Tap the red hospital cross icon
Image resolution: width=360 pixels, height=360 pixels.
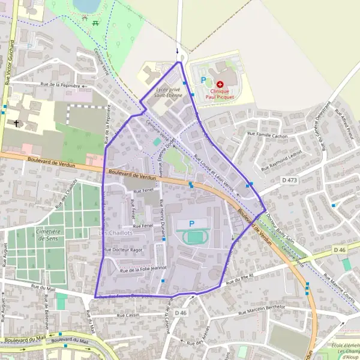220,84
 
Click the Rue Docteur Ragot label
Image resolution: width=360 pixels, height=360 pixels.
124,250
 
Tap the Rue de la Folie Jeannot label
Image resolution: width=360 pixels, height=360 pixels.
143,269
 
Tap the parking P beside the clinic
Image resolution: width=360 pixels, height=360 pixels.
203,80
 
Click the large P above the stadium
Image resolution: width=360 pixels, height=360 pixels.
192,224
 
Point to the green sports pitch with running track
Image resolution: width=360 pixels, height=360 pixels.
195,238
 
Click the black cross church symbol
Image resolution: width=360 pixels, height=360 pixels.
16,124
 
